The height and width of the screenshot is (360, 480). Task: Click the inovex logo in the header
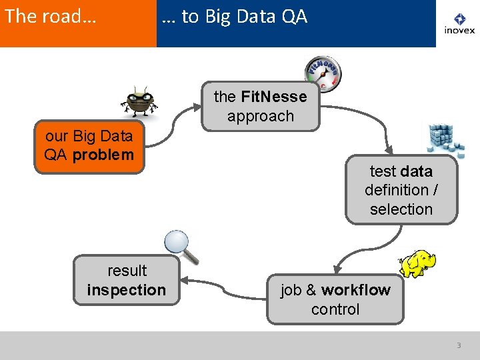(x=459, y=24)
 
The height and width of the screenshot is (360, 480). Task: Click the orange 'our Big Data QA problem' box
(x=89, y=147)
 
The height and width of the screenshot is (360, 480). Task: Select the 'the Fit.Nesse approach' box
(x=261, y=107)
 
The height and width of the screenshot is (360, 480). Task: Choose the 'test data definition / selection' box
(x=401, y=190)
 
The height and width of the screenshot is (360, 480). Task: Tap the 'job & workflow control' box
(x=335, y=299)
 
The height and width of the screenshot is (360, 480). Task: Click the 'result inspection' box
(x=127, y=280)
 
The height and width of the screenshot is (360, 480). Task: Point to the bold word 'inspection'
(x=127, y=290)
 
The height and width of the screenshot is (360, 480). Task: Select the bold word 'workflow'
(x=356, y=290)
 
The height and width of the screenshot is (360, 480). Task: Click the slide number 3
(x=459, y=345)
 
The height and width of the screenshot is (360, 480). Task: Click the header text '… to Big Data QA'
(x=235, y=17)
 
